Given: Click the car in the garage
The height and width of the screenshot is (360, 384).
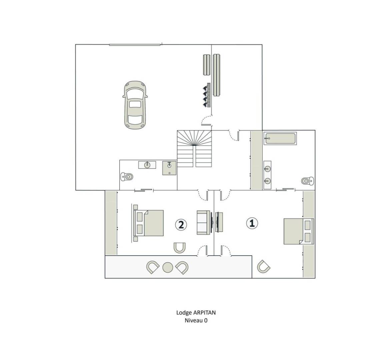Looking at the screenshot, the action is coord(135,105).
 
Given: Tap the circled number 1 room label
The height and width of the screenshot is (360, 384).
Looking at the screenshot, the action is coord(252,223).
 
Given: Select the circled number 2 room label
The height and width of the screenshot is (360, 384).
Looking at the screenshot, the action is coord(181,225).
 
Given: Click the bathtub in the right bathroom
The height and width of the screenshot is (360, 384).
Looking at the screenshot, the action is coord(280,138).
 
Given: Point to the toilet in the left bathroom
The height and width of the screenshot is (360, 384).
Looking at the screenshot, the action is coord(127,176).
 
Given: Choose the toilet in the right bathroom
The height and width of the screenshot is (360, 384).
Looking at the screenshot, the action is coord(307,181).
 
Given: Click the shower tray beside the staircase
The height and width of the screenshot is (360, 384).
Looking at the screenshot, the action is coord(169,168).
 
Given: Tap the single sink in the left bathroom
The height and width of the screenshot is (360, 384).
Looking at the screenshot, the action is coord(147,165).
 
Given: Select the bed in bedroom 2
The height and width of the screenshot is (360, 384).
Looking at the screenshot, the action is coord(148,223).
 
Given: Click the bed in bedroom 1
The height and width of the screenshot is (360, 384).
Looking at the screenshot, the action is coord(299,231).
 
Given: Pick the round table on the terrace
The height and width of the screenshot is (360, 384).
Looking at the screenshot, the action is coord(168,267).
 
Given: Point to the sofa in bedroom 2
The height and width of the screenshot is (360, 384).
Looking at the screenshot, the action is coord(204,223).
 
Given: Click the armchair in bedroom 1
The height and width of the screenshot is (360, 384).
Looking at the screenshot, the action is coord(264,267).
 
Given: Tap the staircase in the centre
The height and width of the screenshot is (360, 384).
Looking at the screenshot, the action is coord(194,148).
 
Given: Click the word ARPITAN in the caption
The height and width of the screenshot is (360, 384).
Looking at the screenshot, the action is coord(204,313).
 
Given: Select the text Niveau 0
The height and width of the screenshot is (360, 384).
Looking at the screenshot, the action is coord(196,320).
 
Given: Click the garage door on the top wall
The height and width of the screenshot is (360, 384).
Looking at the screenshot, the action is coord(134,45).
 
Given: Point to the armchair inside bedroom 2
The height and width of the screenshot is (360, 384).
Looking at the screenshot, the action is coord(180,248).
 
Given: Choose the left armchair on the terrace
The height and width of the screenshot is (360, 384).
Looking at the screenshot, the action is coord(153,267).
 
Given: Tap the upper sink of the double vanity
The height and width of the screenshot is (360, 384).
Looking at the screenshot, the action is coord(267,168).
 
